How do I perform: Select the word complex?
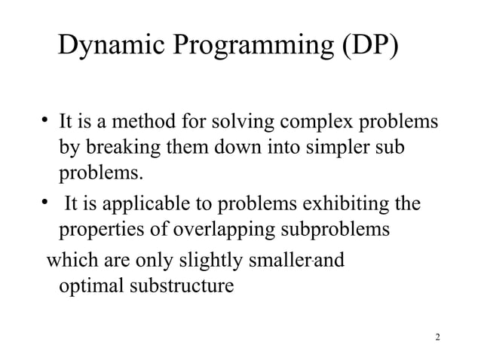[x=316, y=122]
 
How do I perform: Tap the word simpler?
[x=336, y=148]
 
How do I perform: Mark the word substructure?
[x=179, y=287]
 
